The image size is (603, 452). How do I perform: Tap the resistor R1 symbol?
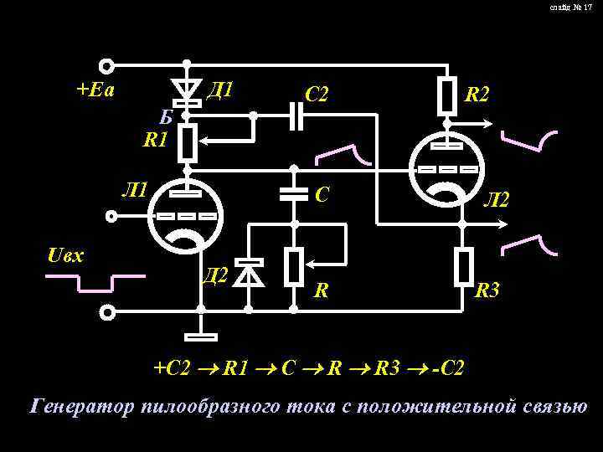pos(188,143)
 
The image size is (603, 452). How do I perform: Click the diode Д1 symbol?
pos(187,89)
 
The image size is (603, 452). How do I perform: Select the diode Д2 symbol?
pos(249,271)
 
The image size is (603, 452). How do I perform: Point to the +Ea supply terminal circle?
pos(107,65)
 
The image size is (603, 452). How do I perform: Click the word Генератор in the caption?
pos(80,408)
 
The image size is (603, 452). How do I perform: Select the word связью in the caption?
pos(548,408)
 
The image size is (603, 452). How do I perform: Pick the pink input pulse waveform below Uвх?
pos(95,283)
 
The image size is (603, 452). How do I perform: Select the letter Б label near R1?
pos(168,116)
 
